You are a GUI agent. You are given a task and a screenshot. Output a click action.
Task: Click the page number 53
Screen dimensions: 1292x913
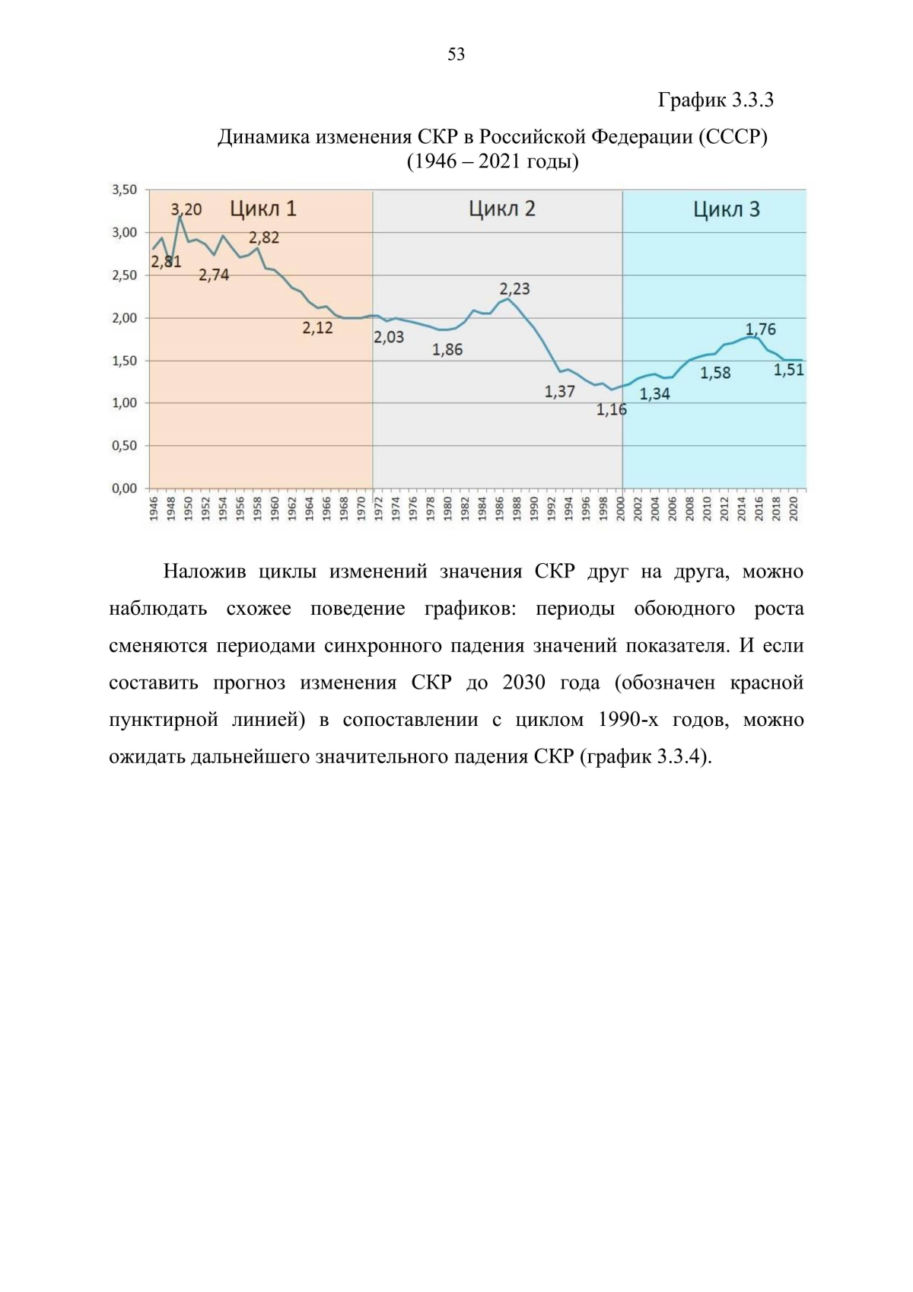coord(456,54)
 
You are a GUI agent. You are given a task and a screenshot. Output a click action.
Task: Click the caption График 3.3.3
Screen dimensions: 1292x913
coord(715,100)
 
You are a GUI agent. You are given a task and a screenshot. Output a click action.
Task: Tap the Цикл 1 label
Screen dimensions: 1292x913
coord(263,208)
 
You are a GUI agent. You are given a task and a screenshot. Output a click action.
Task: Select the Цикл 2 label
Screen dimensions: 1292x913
coord(501,208)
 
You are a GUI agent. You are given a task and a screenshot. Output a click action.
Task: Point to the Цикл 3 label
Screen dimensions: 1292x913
coord(726,209)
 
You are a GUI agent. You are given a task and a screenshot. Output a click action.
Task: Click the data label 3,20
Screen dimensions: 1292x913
coord(186,209)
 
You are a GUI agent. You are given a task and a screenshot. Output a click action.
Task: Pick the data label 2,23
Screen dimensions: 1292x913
coord(514,289)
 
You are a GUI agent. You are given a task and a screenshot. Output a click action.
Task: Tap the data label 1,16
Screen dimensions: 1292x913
coord(611,410)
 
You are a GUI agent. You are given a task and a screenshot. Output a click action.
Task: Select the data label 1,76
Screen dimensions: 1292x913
coord(760,329)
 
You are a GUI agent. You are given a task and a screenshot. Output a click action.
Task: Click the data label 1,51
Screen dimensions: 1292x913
coord(788,371)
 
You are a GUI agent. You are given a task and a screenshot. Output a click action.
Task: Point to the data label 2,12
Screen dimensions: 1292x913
coord(317,329)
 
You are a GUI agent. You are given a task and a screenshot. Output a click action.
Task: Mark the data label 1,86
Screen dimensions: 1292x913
coord(447,350)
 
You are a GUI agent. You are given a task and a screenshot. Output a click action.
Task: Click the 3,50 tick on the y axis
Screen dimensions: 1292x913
coord(125,189)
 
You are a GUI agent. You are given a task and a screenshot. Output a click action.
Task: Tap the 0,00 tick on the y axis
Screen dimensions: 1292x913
coord(125,488)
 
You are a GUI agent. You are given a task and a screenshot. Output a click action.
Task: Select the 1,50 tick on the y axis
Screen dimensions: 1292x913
coord(125,361)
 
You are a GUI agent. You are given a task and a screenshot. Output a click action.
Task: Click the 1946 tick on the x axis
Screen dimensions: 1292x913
coord(154,508)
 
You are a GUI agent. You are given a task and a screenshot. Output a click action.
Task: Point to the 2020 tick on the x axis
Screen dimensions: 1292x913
coord(794,508)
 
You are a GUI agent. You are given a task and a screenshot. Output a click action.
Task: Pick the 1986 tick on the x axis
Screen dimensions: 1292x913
coord(500,508)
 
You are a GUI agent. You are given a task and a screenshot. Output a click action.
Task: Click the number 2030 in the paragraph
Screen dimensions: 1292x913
coord(524,683)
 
